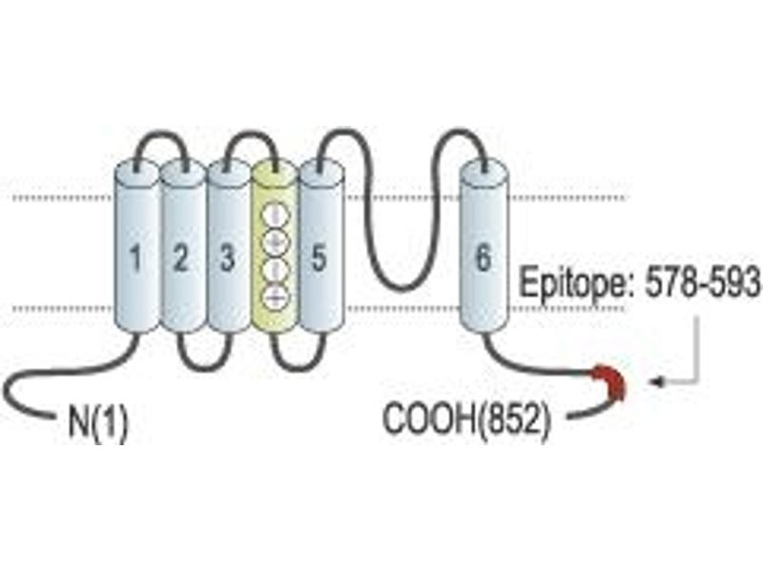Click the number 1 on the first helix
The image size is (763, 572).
click(x=135, y=257)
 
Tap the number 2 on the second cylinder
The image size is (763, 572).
click(x=180, y=257)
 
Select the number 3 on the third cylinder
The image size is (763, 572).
click(x=227, y=257)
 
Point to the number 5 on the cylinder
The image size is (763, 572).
click(x=319, y=257)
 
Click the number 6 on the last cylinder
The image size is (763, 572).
click(x=483, y=257)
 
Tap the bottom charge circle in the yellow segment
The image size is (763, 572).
click(x=275, y=296)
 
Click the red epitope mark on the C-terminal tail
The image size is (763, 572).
click(x=610, y=382)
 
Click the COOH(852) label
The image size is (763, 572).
click(x=467, y=419)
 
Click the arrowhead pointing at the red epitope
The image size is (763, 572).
click(x=657, y=382)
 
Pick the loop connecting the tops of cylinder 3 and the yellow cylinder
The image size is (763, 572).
click(x=252, y=133)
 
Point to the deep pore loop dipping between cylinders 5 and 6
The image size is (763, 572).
click(x=400, y=289)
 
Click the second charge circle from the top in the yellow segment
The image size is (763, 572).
click(x=275, y=242)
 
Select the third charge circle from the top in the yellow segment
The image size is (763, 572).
click(x=275, y=269)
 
